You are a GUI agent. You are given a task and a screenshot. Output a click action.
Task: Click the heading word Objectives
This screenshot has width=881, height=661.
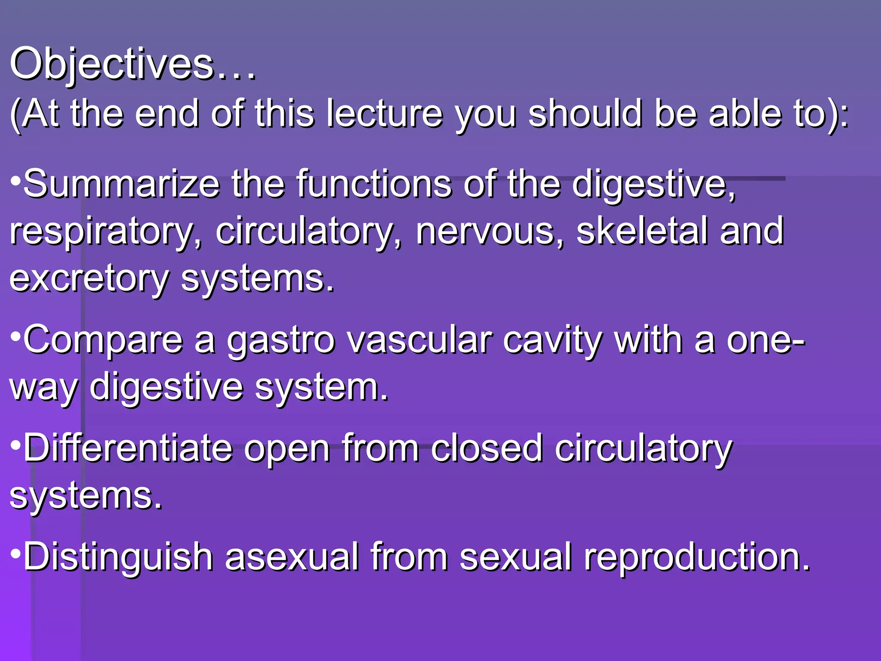click(x=112, y=65)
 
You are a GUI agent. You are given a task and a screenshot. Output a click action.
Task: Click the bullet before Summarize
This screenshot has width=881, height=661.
click(x=15, y=180)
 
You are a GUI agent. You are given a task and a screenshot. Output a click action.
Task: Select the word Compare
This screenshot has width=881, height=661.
click(x=103, y=341)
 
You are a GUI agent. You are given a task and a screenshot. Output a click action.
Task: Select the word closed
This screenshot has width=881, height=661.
click(x=487, y=448)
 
